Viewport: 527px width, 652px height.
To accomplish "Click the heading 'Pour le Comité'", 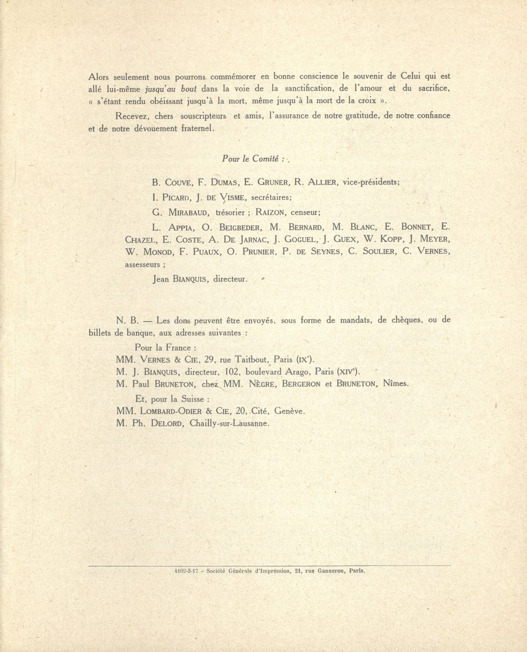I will (250, 159).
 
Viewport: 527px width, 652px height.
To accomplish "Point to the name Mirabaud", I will (187, 213).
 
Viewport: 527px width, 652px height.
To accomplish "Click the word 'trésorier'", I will (229, 213).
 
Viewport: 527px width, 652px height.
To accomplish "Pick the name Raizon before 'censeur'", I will (273, 213).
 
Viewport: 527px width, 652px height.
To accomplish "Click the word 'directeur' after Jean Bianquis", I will (230, 279).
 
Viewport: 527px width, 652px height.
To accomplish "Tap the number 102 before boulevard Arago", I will (250, 372).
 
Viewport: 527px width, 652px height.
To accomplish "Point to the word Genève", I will (290, 411).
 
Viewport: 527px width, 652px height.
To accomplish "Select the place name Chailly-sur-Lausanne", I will (229, 423).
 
